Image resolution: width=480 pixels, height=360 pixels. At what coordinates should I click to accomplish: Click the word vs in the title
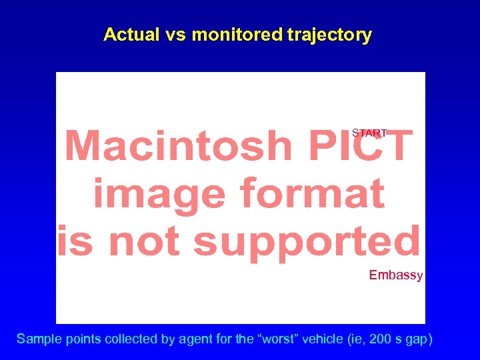(175, 35)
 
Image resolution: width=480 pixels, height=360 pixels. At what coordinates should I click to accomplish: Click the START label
(369, 133)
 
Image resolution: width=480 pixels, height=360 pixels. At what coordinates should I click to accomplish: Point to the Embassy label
(396, 275)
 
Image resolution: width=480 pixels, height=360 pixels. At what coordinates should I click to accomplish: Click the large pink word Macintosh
(179, 145)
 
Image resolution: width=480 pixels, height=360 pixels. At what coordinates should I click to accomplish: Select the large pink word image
(155, 193)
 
